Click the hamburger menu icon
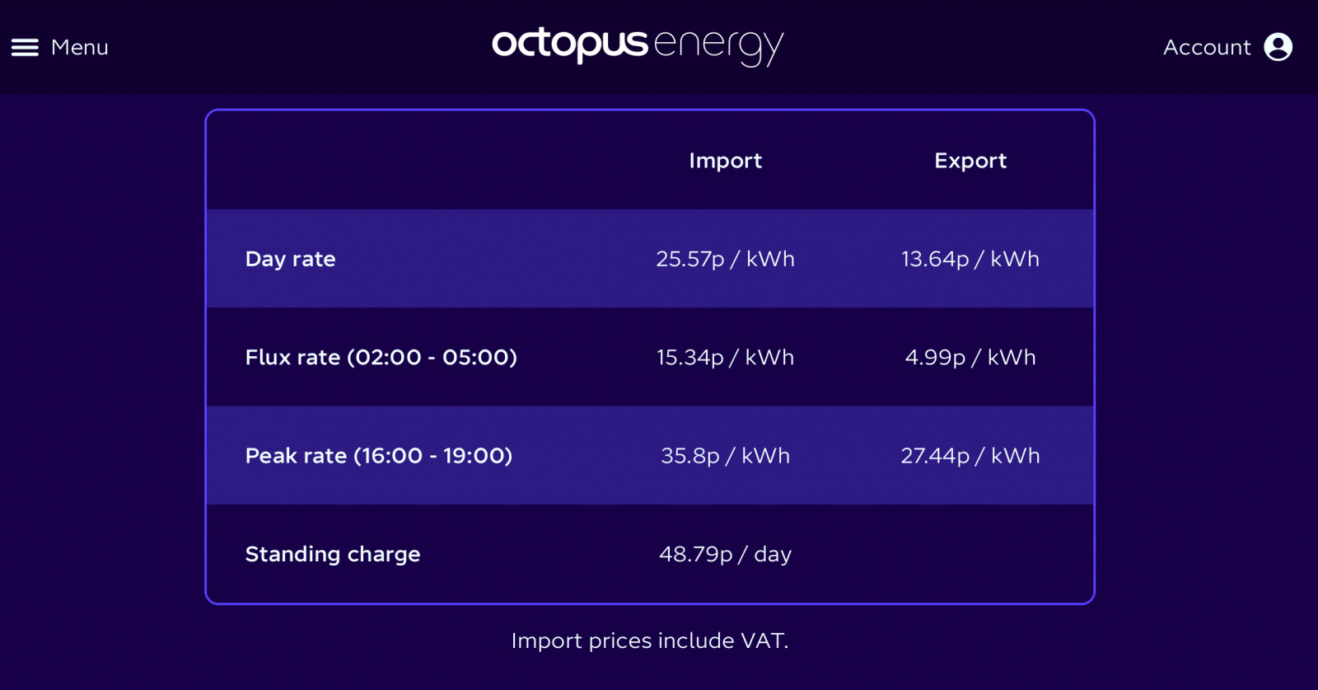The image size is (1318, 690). [x=25, y=48]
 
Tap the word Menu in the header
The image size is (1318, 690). [x=79, y=47]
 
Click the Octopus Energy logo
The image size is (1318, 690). [x=638, y=47]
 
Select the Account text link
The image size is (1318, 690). [x=1207, y=47]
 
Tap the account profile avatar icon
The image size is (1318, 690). [x=1278, y=47]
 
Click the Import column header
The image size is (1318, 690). [x=725, y=161]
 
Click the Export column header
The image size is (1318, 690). [x=970, y=161]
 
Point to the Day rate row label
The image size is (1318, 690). [x=290, y=259]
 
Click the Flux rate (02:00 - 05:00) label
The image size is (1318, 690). [x=381, y=357]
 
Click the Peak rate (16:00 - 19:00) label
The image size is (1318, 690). [x=378, y=456]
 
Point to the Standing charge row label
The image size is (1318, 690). [x=333, y=554]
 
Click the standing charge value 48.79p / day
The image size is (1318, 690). [x=725, y=554]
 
